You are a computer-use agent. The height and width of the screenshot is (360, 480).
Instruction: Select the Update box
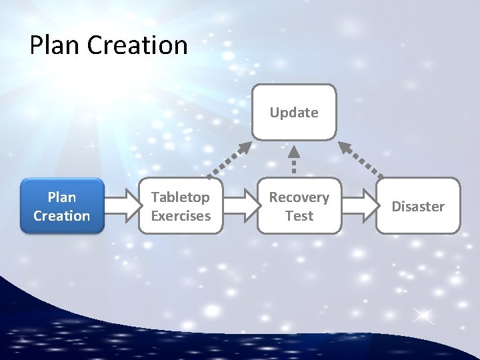pyautogui.click(x=294, y=112)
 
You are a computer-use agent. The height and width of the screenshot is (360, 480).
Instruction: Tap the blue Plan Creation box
pyautogui.click(x=62, y=205)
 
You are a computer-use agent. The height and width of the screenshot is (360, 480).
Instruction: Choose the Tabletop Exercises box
pyautogui.click(x=181, y=205)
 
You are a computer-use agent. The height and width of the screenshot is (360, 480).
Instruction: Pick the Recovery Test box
pyautogui.click(x=299, y=205)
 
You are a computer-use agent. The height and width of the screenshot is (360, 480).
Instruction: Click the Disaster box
pyautogui.click(x=418, y=205)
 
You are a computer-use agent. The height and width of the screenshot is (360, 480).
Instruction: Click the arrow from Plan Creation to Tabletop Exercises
pyautogui.click(x=121, y=206)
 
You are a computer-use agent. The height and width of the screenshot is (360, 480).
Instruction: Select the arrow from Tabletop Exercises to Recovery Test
pyautogui.click(x=240, y=206)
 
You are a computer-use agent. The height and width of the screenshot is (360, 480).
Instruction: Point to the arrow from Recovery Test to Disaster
pyautogui.click(x=359, y=206)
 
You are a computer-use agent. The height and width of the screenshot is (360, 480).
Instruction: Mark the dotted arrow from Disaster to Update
pyautogui.click(x=361, y=160)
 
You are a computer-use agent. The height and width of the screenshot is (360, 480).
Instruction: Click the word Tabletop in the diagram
pyautogui.click(x=180, y=197)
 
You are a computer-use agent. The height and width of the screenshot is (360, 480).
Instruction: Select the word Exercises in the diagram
pyautogui.click(x=181, y=215)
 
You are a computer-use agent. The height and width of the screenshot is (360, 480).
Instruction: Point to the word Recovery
pyautogui.click(x=299, y=197)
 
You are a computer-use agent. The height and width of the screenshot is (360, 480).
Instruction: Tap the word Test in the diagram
pyautogui.click(x=299, y=215)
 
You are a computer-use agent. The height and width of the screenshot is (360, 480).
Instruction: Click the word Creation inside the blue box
pyautogui.click(x=62, y=215)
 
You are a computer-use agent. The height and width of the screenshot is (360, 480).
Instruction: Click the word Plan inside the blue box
pyautogui.click(x=62, y=197)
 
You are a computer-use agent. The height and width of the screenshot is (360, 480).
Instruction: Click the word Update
pyautogui.click(x=294, y=113)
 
